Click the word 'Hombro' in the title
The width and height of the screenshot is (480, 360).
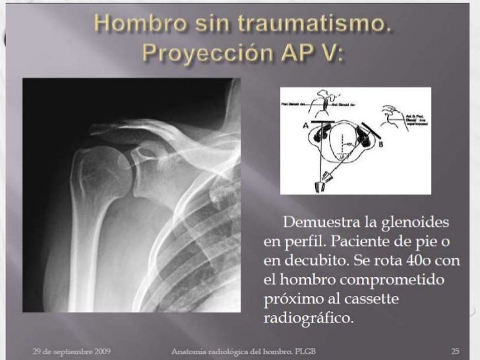pos(131,25)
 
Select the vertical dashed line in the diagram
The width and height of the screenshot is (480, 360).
pos(345,145)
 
